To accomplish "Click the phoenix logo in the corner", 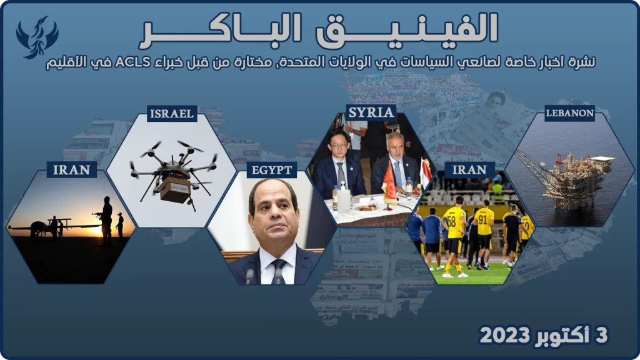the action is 37,37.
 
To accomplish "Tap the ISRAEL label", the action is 172,114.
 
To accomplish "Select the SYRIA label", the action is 371,112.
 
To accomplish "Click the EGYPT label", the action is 271,170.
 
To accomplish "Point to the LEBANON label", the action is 569,113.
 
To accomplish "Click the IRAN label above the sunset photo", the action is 71,169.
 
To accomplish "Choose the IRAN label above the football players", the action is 469,169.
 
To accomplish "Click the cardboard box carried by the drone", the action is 175,189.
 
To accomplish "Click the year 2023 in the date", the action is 505,336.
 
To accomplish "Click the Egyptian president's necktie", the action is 278,271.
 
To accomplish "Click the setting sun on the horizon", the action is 97,231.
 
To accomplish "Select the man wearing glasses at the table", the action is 339,165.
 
